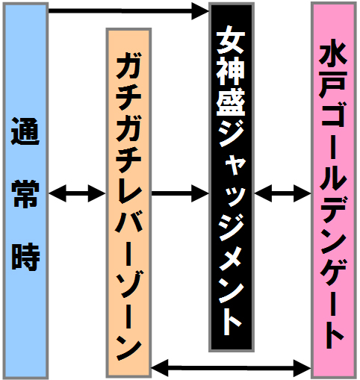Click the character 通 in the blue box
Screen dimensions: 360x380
tap(25, 131)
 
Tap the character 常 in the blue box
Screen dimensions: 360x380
tap(25, 193)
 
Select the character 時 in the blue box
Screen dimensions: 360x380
tap(25, 258)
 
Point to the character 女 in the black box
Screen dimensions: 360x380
tap(231, 43)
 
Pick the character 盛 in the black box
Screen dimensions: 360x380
tap(231, 102)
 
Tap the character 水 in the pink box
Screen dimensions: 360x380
tap(333, 57)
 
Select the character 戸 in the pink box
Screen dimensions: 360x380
tap(333, 84)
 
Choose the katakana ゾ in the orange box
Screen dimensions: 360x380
tap(129, 284)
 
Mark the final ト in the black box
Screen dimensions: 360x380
tap(232, 322)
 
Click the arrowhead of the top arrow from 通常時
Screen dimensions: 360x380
tap(199, 11)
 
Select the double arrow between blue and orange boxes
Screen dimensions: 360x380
tap(77, 193)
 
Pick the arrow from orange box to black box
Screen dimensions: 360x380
tap(180, 193)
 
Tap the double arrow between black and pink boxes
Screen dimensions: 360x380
tap(283, 193)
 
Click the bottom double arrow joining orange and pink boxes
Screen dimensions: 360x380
tap(232, 367)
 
